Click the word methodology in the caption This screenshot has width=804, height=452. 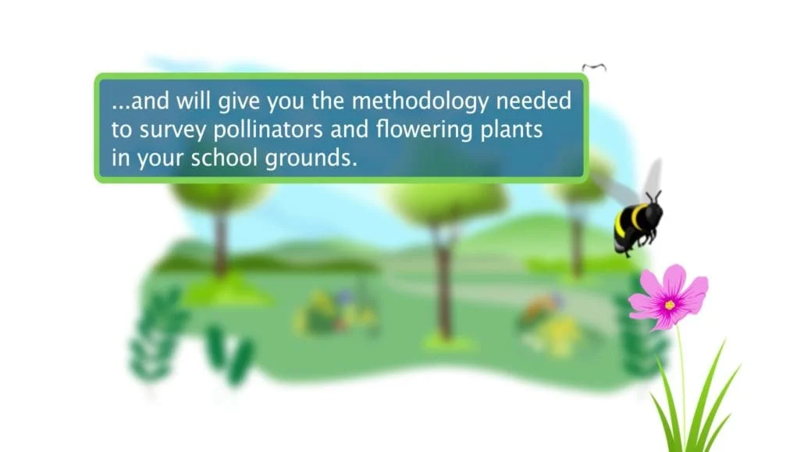(x=421, y=101)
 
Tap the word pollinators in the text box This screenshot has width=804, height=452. (x=269, y=130)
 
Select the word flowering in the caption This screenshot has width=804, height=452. (x=424, y=130)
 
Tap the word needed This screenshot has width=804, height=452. (x=533, y=101)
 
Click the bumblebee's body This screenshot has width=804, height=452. (x=638, y=225)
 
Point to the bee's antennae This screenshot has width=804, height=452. (x=653, y=196)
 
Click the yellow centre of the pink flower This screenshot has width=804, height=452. (x=669, y=304)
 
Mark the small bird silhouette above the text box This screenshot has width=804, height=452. (x=594, y=66)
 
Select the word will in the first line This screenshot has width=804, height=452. (x=194, y=101)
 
